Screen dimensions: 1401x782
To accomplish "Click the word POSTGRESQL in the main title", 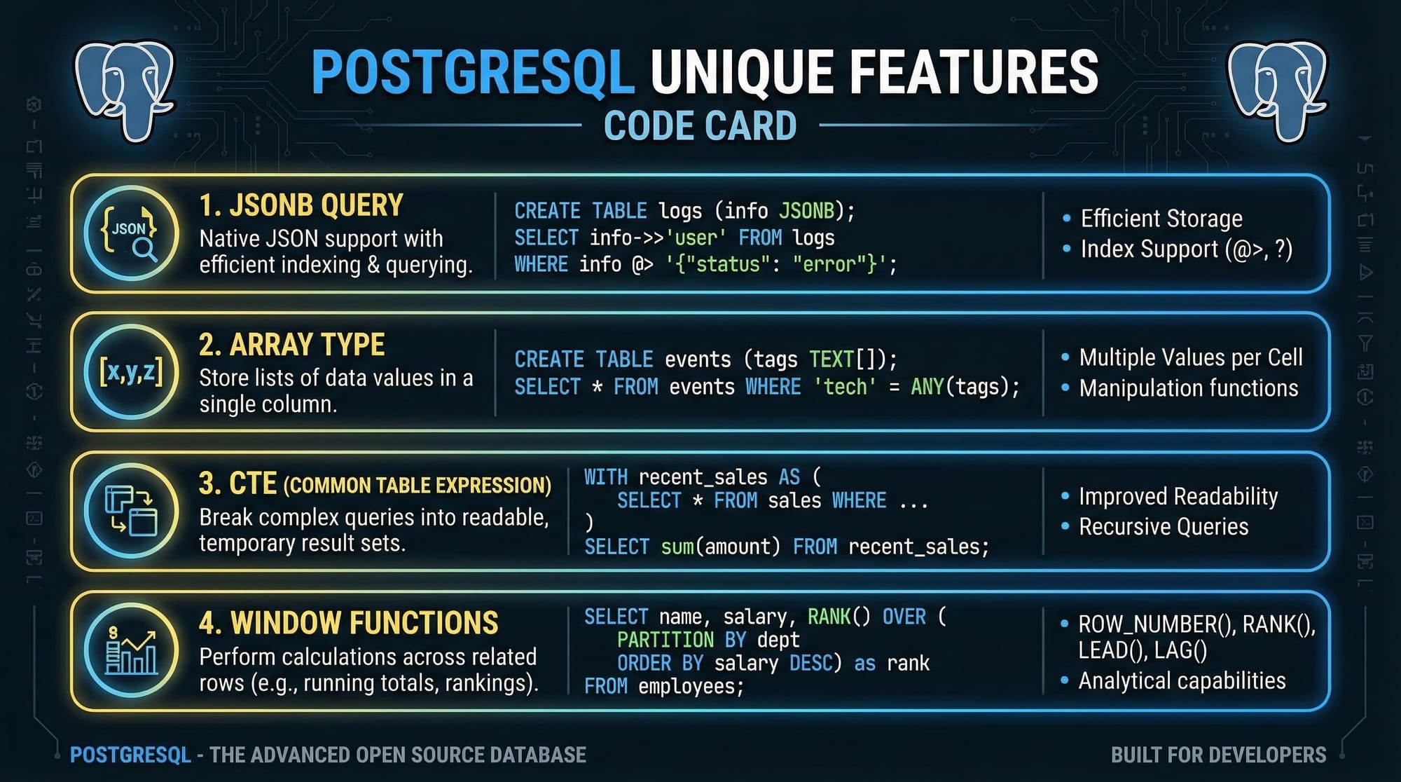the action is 473,72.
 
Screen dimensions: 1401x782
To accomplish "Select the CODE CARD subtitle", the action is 700,126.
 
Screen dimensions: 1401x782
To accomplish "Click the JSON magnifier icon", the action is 131,233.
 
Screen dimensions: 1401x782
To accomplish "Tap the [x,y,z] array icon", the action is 131,371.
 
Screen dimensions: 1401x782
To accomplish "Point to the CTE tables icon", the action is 131,511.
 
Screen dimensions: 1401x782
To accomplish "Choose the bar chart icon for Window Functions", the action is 131,650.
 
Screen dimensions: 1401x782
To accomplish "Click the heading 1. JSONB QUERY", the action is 301,205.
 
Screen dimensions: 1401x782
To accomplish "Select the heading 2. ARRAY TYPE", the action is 292,345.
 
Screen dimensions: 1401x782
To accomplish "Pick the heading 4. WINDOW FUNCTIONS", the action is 349,623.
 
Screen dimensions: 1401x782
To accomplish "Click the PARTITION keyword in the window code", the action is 665,640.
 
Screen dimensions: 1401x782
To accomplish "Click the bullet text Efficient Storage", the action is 1161,219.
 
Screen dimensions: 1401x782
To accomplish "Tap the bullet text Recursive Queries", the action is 1164,526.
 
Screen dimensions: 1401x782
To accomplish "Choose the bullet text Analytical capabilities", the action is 1182,680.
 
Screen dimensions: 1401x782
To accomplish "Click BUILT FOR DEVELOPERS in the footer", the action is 1218,755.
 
